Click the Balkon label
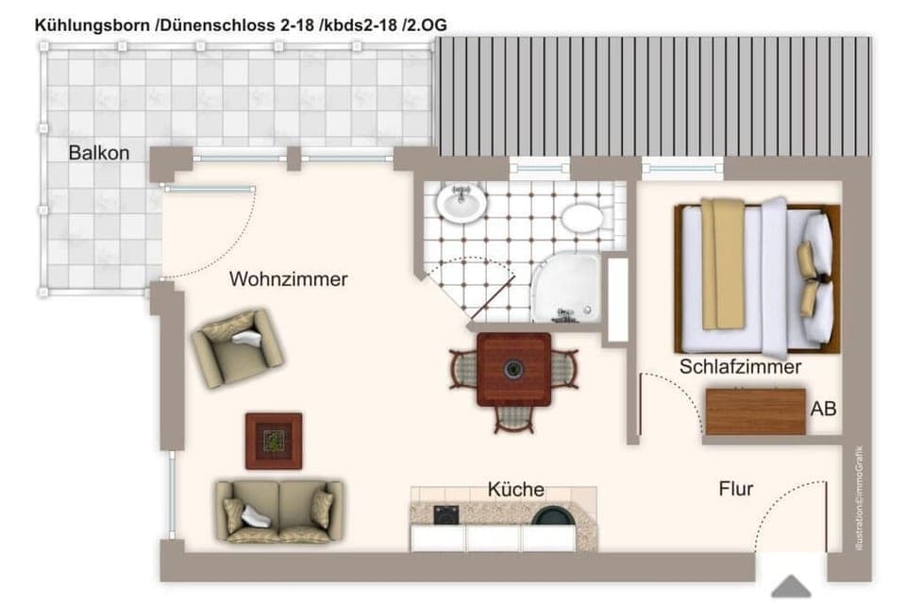click(x=98, y=153)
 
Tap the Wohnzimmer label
click(x=288, y=279)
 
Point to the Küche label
click(x=515, y=489)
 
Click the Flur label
click(x=735, y=489)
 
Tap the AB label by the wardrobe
click(x=823, y=409)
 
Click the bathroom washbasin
click(x=461, y=202)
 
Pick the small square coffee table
click(x=274, y=441)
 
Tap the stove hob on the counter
click(x=445, y=515)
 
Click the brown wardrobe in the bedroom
click(x=755, y=412)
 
